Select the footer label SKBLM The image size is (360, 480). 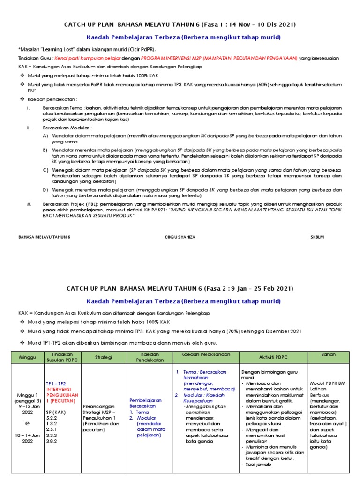[317, 237]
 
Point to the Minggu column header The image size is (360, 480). [27, 357]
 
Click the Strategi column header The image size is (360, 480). [104, 357]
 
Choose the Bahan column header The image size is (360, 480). [329, 354]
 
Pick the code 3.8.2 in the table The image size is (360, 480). [52, 441]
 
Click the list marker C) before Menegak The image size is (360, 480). [46, 169]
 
